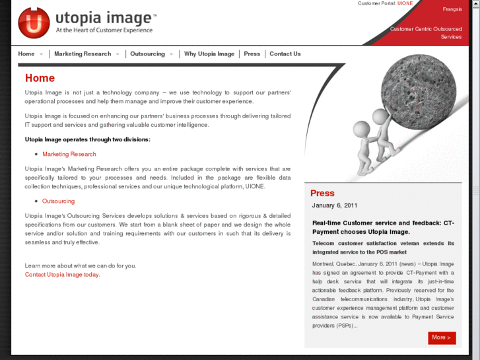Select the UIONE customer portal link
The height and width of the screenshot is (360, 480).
pyautogui.click(x=405, y=3)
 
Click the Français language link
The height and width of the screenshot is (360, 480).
pyautogui.click(x=452, y=9)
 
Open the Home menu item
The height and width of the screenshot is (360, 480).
pyautogui.click(x=26, y=54)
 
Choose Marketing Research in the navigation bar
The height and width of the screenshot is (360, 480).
pyautogui.click(x=83, y=54)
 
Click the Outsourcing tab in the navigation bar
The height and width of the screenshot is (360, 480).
pyautogui.click(x=147, y=54)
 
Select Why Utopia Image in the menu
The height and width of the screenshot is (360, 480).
pyautogui.click(x=209, y=54)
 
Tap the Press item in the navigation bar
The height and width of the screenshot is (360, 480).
pyautogui.click(x=252, y=54)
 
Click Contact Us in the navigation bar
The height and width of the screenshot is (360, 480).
pyautogui.click(x=285, y=54)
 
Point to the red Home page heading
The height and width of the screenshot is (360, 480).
pyautogui.click(x=40, y=79)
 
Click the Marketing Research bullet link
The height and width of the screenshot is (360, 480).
pyautogui.click(x=69, y=154)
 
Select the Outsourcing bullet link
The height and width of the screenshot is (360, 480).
pyautogui.click(x=58, y=201)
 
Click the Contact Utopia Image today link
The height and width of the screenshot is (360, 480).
pyautogui.click(x=62, y=275)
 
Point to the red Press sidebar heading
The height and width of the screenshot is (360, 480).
pyautogui.click(x=322, y=194)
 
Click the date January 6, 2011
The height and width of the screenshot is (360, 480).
pyautogui.click(x=334, y=205)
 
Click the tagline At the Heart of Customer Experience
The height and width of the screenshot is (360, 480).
pyautogui.click(x=104, y=30)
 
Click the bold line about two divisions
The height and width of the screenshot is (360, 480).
pyautogui.click(x=87, y=139)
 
